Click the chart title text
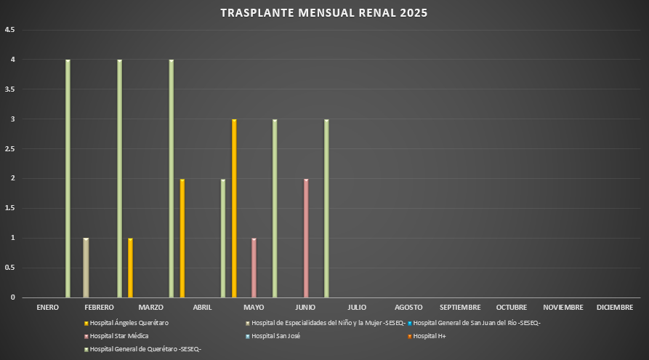click(x=324, y=13)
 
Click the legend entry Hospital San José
click(x=275, y=336)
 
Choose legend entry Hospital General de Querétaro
click(x=145, y=350)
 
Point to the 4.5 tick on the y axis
click(x=9, y=30)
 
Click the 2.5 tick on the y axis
click(x=9, y=148)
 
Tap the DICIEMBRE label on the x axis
click(x=615, y=308)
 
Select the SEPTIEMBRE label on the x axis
click(x=460, y=308)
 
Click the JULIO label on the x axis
click(x=357, y=308)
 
